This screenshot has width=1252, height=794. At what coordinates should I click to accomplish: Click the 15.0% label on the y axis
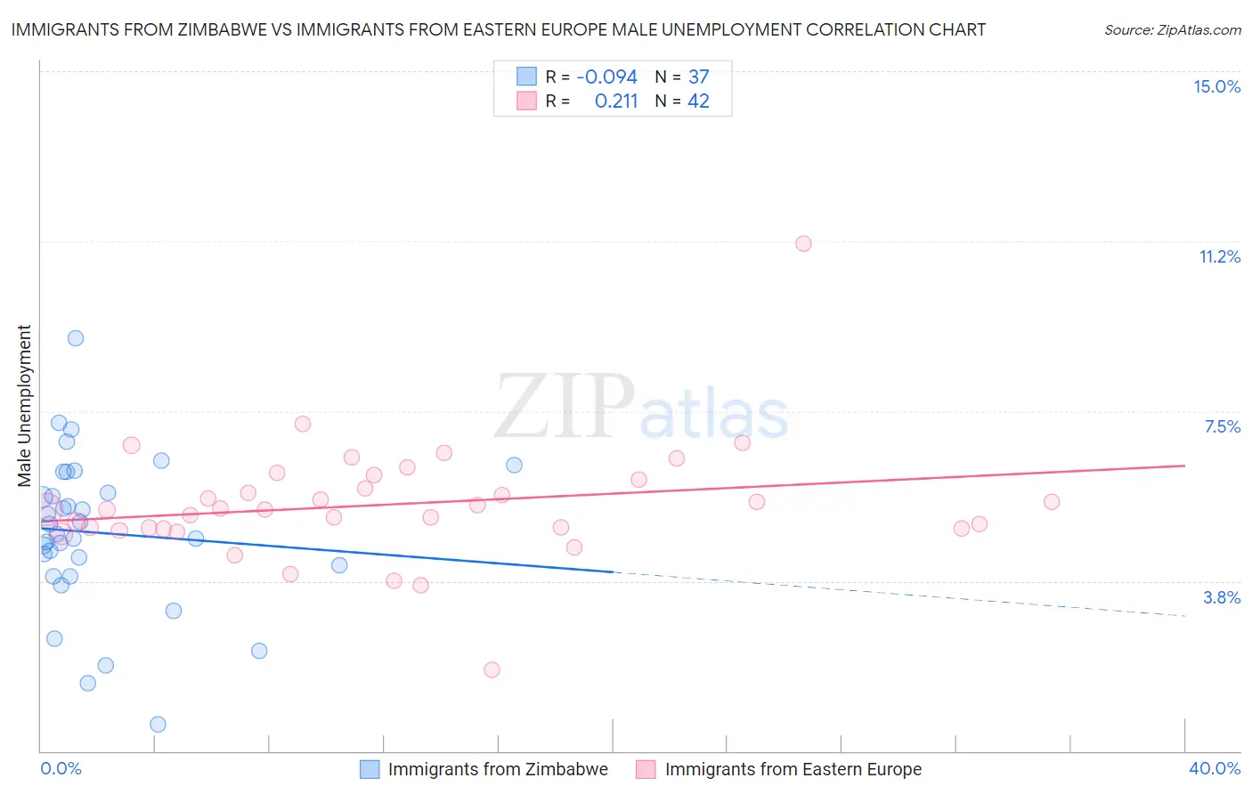pos(1216,86)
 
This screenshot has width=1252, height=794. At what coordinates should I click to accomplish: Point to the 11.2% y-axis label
pos(1219,256)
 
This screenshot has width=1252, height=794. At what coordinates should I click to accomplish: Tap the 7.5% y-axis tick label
pos(1222,426)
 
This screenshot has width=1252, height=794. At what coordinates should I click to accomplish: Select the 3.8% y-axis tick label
pos(1222,597)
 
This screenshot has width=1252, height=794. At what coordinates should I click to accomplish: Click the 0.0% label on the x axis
pos(61,768)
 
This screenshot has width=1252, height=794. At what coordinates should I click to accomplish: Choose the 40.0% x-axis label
pos(1215,768)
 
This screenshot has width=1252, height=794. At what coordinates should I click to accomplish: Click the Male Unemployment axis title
pos(24,405)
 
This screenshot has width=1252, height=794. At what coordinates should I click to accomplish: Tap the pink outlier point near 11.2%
pos(803,244)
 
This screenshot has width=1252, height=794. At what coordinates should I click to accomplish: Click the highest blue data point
pos(76,338)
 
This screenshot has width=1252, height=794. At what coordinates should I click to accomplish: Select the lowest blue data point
pos(158,725)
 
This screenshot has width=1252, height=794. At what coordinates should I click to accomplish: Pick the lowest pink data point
pos(492,669)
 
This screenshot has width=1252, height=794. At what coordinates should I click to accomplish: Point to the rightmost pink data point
pos(1052,502)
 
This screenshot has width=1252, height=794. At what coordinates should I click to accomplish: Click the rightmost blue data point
pos(514,465)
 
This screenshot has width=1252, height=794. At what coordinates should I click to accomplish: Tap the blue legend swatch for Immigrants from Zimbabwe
pos(370,769)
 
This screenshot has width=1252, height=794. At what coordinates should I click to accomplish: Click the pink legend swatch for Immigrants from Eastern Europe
pos(646,769)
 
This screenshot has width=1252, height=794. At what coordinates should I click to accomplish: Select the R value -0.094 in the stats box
pos(606,77)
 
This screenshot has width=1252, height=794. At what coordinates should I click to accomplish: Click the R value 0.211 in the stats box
pos(616,101)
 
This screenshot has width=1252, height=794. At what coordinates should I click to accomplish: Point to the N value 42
pos(698,101)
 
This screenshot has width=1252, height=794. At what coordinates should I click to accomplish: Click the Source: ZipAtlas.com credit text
pos(1172,30)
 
